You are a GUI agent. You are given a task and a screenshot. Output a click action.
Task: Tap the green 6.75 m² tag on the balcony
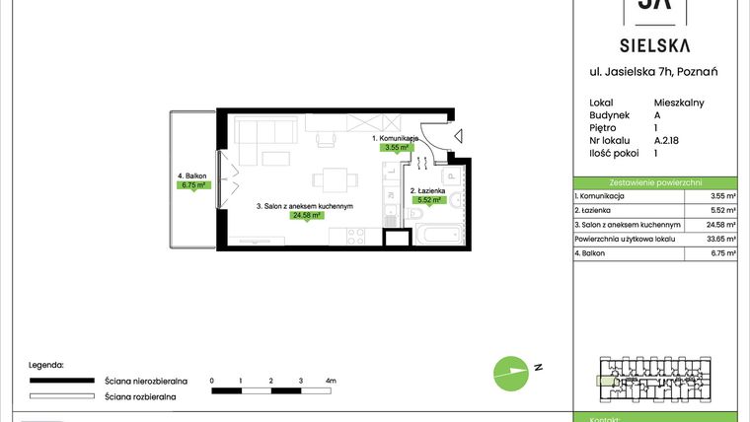click(192, 184)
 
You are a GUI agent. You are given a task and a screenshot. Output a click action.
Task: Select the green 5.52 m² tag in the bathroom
click(427, 199)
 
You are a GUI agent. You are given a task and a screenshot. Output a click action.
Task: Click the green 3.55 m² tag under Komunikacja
click(398, 147)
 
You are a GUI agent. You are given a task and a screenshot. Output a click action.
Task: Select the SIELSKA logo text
click(654, 45)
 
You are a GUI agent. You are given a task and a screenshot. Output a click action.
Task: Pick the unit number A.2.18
click(668, 140)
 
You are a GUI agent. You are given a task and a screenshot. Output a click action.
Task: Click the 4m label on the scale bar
click(331, 380)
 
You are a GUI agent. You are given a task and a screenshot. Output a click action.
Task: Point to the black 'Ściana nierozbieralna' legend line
click(62, 380)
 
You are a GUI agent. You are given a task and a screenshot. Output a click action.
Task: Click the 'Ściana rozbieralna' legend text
click(140, 395)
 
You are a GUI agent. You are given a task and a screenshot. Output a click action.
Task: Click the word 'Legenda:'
click(46, 364)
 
